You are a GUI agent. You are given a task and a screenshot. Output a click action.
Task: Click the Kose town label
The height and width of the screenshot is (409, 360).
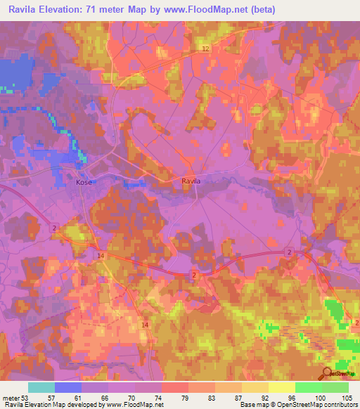83,182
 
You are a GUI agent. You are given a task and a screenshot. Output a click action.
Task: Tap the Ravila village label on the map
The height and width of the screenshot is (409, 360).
191,181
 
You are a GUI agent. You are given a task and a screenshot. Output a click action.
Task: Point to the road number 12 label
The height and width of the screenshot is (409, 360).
205,48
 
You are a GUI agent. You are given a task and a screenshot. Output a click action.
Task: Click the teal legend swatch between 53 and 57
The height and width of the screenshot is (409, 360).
41,387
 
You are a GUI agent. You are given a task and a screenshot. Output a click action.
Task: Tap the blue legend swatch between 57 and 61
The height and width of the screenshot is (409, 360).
68,387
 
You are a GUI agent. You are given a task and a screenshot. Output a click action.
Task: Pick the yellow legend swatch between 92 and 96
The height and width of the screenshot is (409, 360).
281,387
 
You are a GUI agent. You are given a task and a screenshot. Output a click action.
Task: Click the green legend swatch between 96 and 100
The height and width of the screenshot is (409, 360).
308,387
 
